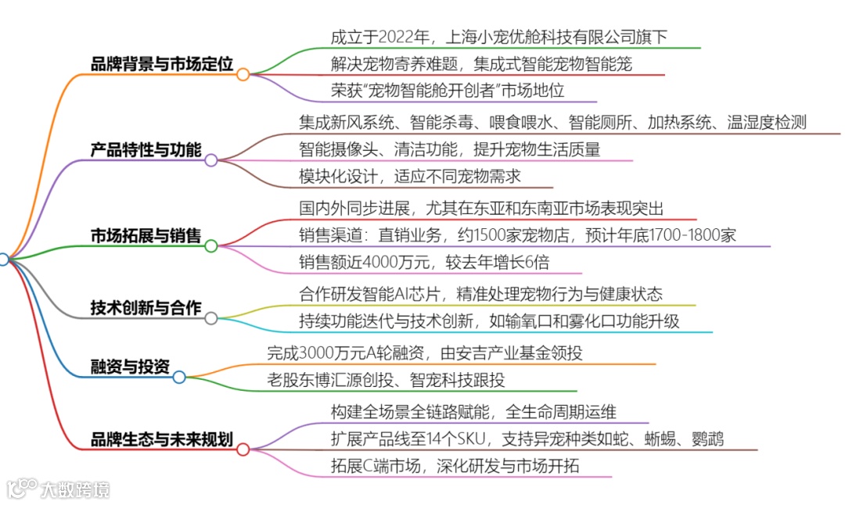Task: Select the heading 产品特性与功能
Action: point(146,149)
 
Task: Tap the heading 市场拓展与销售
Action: point(146,235)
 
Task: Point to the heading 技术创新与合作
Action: point(146,307)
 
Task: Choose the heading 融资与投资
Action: point(130,367)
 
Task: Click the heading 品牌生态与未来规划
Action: point(162,439)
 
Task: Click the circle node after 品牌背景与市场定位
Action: point(243,74)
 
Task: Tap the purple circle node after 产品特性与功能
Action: point(211,160)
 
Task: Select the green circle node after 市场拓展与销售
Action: point(211,246)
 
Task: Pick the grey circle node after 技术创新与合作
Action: point(211,318)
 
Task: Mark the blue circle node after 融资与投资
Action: point(179,378)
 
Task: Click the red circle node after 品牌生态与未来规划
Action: point(243,449)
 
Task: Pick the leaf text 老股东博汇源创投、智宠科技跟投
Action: point(386,381)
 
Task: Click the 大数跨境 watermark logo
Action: point(59,489)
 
